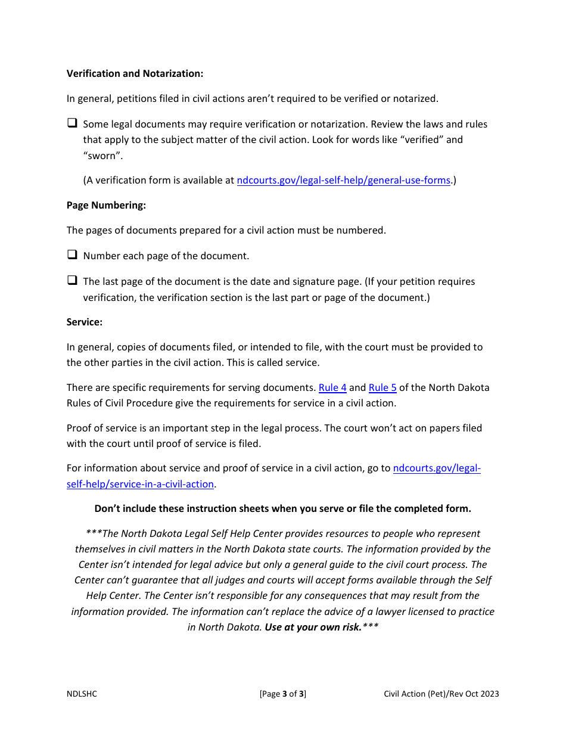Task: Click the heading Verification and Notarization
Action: [135, 73]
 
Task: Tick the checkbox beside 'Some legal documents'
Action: [72, 123]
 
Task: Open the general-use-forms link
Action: [343, 180]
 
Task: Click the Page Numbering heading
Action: [106, 205]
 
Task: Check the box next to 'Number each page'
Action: [72, 255]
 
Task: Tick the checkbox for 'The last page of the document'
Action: [72, 281]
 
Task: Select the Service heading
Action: [85, 322]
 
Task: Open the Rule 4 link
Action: [332, 387]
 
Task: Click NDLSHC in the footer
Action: [82, 694]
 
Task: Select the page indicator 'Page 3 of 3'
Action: [283, 694]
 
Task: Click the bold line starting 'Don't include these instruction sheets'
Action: [282, 508]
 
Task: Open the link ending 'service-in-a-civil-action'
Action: [140, 484]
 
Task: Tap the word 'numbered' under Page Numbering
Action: [361, 230]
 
